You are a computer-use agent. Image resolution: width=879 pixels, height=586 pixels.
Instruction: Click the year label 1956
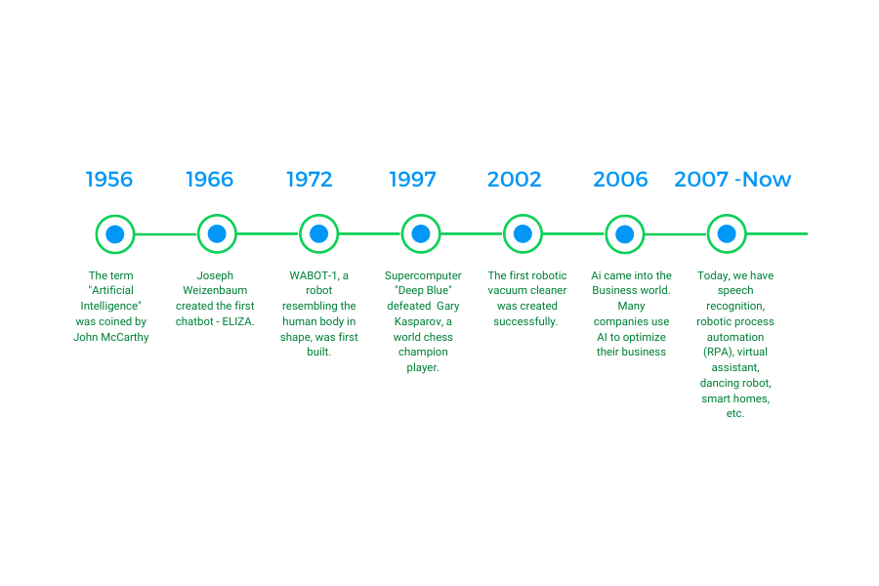[108, 180]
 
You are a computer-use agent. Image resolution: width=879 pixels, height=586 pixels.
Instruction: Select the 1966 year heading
[209, 180]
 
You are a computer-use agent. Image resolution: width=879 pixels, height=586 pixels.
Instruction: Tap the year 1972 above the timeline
[310, 180]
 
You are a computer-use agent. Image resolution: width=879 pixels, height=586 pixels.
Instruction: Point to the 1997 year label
[412, 180]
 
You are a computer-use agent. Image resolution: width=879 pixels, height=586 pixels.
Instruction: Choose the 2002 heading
[514, 180]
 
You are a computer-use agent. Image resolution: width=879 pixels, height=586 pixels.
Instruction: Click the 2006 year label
[620, 180]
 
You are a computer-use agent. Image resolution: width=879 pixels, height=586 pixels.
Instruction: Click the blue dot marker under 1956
[115, 233]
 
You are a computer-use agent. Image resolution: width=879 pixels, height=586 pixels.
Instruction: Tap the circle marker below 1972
[319, 233]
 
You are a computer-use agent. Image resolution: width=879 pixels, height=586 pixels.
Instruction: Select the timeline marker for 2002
[523, 233]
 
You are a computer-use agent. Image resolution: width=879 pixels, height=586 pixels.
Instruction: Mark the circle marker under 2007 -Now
[727, 233]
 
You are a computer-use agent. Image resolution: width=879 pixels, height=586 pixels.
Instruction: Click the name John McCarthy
[111, 337]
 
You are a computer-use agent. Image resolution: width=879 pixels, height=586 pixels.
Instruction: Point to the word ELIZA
[237, 322]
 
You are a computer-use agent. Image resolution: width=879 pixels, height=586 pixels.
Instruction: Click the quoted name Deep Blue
[423, 290]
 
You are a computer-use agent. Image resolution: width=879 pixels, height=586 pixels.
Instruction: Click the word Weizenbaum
[215, 290]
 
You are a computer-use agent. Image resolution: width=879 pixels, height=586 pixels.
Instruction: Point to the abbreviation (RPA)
[719, 353]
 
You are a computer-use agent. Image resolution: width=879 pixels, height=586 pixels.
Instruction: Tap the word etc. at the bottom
[734, 414]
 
